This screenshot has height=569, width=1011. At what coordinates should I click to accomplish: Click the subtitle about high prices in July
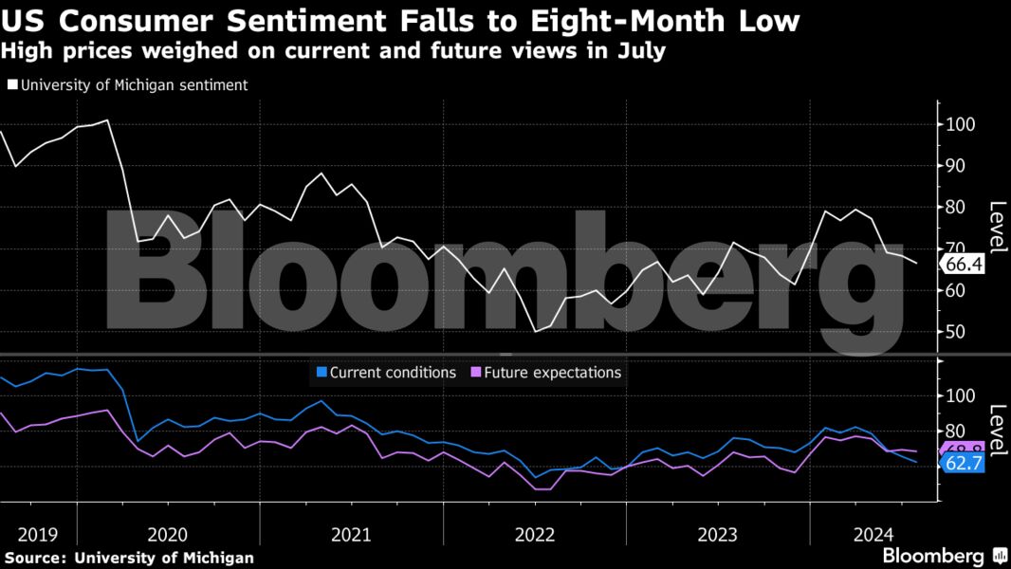point(333,50)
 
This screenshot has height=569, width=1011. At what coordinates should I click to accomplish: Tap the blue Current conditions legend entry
point(386,373)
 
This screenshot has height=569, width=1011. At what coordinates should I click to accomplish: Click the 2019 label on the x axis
point(38,534)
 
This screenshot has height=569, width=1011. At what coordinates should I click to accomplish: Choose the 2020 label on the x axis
point(168,534)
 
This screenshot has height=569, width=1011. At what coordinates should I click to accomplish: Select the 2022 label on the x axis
point(534,534)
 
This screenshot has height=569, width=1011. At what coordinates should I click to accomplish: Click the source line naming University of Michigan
point(129,558)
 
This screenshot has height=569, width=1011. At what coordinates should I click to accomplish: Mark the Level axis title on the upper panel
point(997,228)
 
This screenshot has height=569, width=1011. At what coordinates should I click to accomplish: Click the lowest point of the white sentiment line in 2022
point(536,331)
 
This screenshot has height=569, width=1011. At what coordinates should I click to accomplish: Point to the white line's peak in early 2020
point(107,120)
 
